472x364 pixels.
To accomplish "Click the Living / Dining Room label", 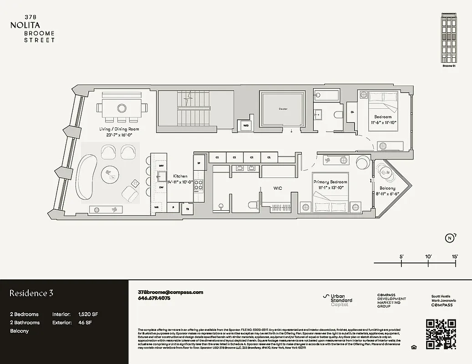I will pyautogui.click(x=119, y=129).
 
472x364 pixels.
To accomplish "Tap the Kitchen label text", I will pyautogui.click(x=180, y=176).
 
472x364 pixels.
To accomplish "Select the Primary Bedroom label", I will pyautogui.click(x=330, y=182).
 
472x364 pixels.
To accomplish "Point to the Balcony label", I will pyautogui.click(x=387, y=188).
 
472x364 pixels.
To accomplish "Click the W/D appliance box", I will pyautogui.click(x=246, y=126).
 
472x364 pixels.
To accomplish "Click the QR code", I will pyautogui.click(x=441, y=334).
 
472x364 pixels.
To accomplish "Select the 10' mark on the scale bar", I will pyautogui.click(x=428, y=257).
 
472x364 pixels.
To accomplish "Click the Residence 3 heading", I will pyautogui.click(x=31, y=293).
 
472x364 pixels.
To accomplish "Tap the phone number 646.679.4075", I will pyautogui.click(x=154, y=298).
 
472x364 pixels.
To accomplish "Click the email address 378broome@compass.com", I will pyautogui.click(x=170, y=292).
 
